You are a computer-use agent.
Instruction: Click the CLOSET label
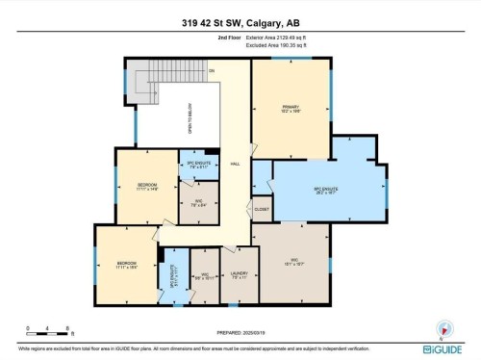pos(262,207)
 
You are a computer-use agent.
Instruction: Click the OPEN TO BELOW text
pos(190,120)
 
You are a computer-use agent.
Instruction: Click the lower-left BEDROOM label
pos(127,262)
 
